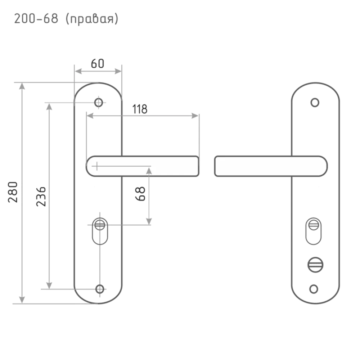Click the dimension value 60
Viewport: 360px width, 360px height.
coord(98,64)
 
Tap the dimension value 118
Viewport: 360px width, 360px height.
coord(140,109)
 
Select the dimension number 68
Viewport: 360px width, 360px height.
coord(140,194)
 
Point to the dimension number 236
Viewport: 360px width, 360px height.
coord(41,197)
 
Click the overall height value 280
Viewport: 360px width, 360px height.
coord(13,192)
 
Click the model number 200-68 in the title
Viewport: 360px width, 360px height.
coord(36,19)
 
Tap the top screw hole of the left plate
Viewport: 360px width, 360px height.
coord(99,102)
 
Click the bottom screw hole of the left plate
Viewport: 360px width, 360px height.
coord(100,289)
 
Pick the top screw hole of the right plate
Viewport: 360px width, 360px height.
coord(315,102)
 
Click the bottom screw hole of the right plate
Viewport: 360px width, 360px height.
coord(314,289)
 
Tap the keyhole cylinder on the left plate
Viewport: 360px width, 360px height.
coord(100,231)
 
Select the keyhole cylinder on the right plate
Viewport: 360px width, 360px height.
coord(314,231)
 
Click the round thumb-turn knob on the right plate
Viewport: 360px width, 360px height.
coord(315,265)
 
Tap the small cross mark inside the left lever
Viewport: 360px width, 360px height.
coord(97,166)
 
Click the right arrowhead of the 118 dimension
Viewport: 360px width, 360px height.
coord(195,116)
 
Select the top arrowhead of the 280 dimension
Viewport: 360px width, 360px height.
coord(22,86)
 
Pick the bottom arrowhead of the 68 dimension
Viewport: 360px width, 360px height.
coord(149,221)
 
